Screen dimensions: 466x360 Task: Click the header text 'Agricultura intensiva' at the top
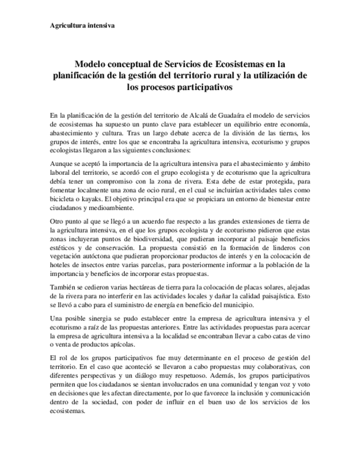pos(82,26)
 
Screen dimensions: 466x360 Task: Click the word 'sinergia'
pos(114,318)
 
